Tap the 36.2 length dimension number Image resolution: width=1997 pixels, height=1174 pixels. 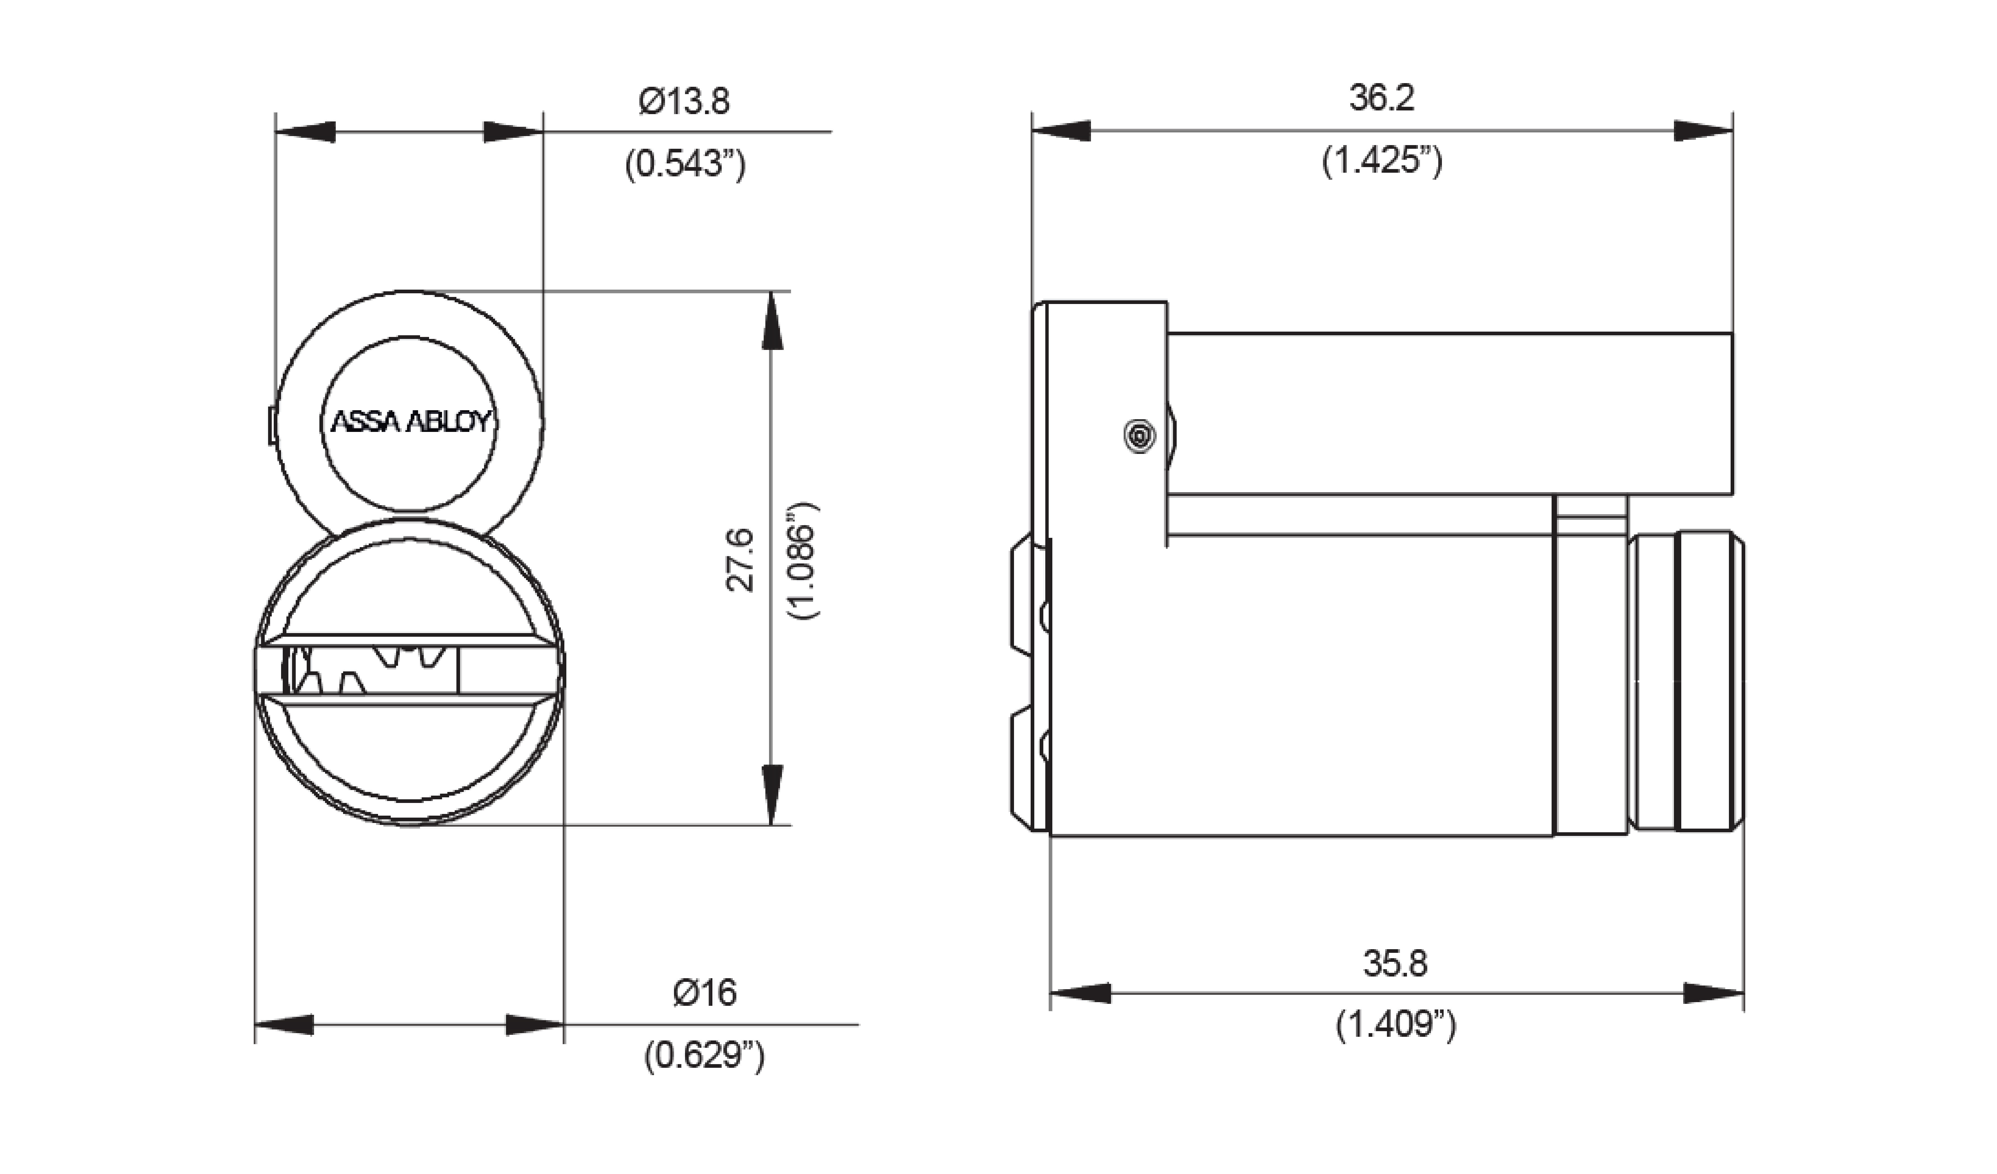[x=1381, y=98]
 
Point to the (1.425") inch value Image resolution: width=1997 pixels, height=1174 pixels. [x=1381, y=161]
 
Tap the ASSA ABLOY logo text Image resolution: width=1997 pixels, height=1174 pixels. [x=410, y=422]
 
